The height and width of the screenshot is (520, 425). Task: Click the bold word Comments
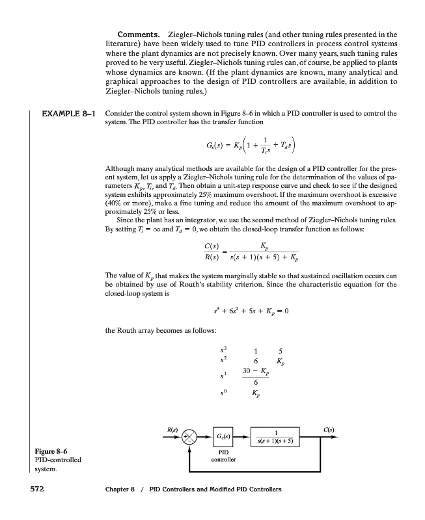click(139, 34)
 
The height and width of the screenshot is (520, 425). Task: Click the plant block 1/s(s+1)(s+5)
click(277, 434)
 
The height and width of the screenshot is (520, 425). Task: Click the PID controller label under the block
click(222, 454)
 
